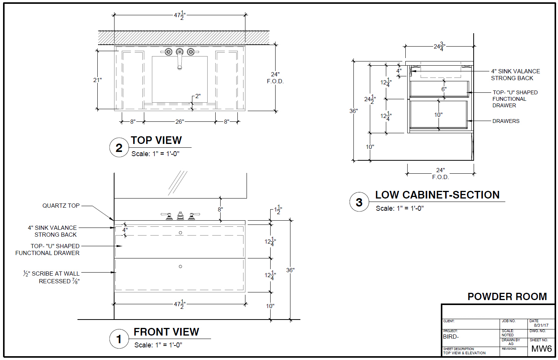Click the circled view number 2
click(x=119, y=148)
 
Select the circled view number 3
click(x=359, y=202)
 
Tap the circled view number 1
click(x=119, y=339)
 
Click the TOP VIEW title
click(x=156, y=140)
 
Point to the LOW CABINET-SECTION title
click(x=437, y=195)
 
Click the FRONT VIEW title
click(x=166, y=332)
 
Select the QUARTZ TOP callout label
click(x=61, y=206)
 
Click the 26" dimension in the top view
click(x=179, y=122)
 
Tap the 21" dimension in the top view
click(x=97, y=80)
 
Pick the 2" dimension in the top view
click(x=197, y=96)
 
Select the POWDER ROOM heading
click(x=507, y=297)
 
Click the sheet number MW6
click(x=541, y=349)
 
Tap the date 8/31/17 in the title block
click(x=541, y=326)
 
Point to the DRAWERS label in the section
click(x=506, y=121)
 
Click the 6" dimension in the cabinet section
click(x=443, y=89)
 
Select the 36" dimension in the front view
click(x=290, y=270)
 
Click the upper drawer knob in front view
click(x=181, y=232)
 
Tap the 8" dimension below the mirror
click(x=220, y=210)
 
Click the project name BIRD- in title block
click(x=451, y=337)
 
